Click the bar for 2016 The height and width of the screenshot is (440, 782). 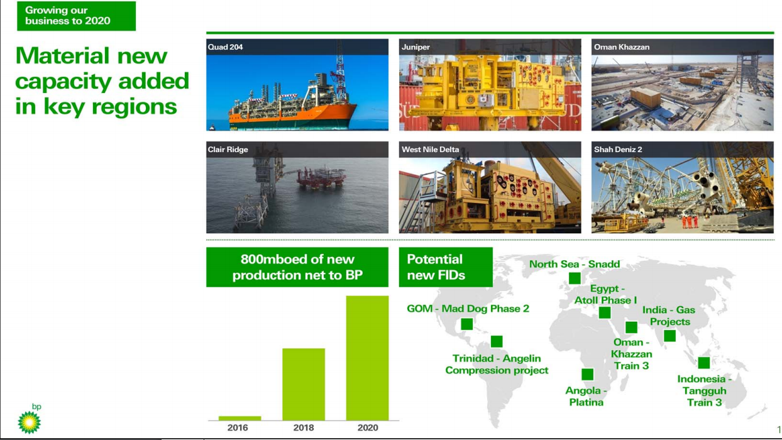click(240, 418)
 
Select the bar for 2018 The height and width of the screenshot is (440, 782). click(304, 384)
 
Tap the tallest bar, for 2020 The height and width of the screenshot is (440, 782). click(367, 358)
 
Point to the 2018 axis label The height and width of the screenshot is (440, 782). click(304, 428)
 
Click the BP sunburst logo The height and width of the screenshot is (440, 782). click(29, 421)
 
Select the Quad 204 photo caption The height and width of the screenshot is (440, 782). click(226, 47)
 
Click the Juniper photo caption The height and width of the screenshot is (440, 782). click(416, 47)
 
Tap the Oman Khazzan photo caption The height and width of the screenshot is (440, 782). click(622, 47)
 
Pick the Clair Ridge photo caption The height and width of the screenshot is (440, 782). click(228, 150)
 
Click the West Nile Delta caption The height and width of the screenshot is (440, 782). click(431, 150)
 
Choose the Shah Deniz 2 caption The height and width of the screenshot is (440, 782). click(618, 150)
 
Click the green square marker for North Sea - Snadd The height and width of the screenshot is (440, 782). click(575, 278)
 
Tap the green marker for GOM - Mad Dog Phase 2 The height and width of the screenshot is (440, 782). click(466, 324)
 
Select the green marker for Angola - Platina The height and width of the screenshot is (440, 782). click(588, 375)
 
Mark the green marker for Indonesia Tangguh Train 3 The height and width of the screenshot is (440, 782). click(704, 363)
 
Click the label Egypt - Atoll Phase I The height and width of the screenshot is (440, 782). click(605, 294)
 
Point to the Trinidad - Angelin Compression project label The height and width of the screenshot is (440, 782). click(497, 365)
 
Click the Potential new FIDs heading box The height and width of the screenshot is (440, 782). click(446, 267)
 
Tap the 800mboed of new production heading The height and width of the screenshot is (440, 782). click(297, 267)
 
